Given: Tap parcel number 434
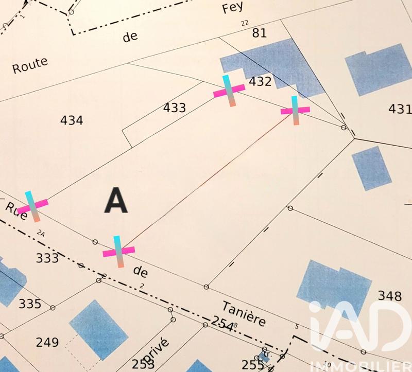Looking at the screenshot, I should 72,120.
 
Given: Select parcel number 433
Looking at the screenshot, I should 174,108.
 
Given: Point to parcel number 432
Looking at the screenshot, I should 260,82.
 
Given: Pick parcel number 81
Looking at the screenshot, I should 259,33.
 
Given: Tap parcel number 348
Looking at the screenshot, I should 389,296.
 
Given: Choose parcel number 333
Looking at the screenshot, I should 47,258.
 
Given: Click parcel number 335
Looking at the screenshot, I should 29,304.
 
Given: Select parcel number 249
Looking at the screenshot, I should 47,342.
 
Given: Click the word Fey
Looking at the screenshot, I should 232,8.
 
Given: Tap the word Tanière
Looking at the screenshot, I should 245,313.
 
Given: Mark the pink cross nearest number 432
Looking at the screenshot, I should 228,91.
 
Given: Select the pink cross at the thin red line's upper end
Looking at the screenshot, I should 295,110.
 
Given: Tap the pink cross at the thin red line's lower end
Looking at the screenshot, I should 119,252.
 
